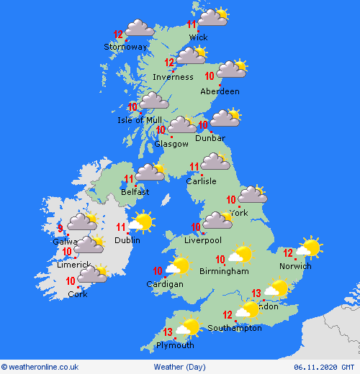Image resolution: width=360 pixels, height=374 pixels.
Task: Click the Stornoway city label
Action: [x=125, y=47]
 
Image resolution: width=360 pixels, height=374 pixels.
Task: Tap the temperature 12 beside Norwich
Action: [x=288, y=253]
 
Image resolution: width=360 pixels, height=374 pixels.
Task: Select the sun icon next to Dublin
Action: [x=142, y=222]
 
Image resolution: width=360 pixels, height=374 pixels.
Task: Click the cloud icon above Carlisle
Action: [x=215, y=163]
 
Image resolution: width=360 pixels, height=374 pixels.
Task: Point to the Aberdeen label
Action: [x=220, y=91]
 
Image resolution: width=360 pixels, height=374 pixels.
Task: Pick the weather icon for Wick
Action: [x=212, y=17]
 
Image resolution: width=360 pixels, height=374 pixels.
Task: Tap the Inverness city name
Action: [x=173, y=77]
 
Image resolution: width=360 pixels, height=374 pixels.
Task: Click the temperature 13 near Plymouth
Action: [x=168, y=332]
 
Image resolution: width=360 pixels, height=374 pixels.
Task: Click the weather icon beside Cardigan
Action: [x=177, y=266]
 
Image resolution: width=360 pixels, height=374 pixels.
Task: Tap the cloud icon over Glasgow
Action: [x=182, y=126]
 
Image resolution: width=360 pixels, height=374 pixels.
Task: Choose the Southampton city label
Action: [x=235, y=328]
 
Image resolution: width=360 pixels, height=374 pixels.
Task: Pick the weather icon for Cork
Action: [x=93, y=274]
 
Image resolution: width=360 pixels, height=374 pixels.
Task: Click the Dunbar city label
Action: [x=210, y=138]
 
